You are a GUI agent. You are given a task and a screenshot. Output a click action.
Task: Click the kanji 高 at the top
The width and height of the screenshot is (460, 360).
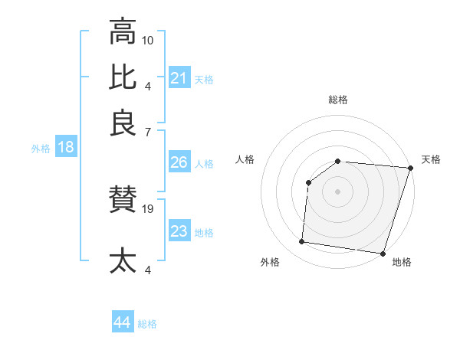pyautogui.click(x=123, y=32)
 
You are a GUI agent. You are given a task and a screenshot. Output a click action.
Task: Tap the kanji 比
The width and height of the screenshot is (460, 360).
pyautogui.click(x=123, y=77)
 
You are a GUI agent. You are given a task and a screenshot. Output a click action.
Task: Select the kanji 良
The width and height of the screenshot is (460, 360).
pyautogui.click(x=123, y=123)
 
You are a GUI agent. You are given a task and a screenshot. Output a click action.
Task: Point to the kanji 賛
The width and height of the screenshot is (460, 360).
pyautogui.click(x=123, y=201)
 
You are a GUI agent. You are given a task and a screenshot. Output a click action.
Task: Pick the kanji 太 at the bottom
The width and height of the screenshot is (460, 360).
pyautogui.click(x=123, y=260)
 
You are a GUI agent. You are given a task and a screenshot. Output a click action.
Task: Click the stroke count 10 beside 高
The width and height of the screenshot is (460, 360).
pyautogui.click(x=149, y=40)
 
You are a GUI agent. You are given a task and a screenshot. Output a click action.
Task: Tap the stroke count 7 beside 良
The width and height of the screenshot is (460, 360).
pyautogui.click(x=148, y=131)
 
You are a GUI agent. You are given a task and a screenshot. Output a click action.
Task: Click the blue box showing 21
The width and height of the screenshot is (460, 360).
pyautogui.click(x=179, y=78)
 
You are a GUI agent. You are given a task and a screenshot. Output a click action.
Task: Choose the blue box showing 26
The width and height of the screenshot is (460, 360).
pyautogui.click(x=179, y=163)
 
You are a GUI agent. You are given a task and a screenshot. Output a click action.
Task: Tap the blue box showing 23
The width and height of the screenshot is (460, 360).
pyautogui.click(x=179, y=231)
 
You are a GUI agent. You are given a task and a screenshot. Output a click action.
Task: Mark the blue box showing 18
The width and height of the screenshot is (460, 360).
pyautogui.click(x=66, y=148)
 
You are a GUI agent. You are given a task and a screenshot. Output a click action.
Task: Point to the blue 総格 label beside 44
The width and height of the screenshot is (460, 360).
pyautogui.click(x=147, y=324)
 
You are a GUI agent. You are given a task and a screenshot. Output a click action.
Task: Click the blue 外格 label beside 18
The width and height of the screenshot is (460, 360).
pyautogui.click(x=41, y=149)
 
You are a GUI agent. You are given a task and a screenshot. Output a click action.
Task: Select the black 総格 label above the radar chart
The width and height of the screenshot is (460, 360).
pyautogui.click(x=338, y=100)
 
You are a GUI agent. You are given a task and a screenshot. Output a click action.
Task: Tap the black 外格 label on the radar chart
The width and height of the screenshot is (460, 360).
pyautogui.click(x=270, y=263)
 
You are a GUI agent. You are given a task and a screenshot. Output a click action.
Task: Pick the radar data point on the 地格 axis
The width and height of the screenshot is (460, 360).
pyautogui.click(x=383, y=253)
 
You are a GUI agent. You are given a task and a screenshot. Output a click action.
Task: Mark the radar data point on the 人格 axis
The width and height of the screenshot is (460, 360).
pyautogui.click(x=308, y=182)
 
